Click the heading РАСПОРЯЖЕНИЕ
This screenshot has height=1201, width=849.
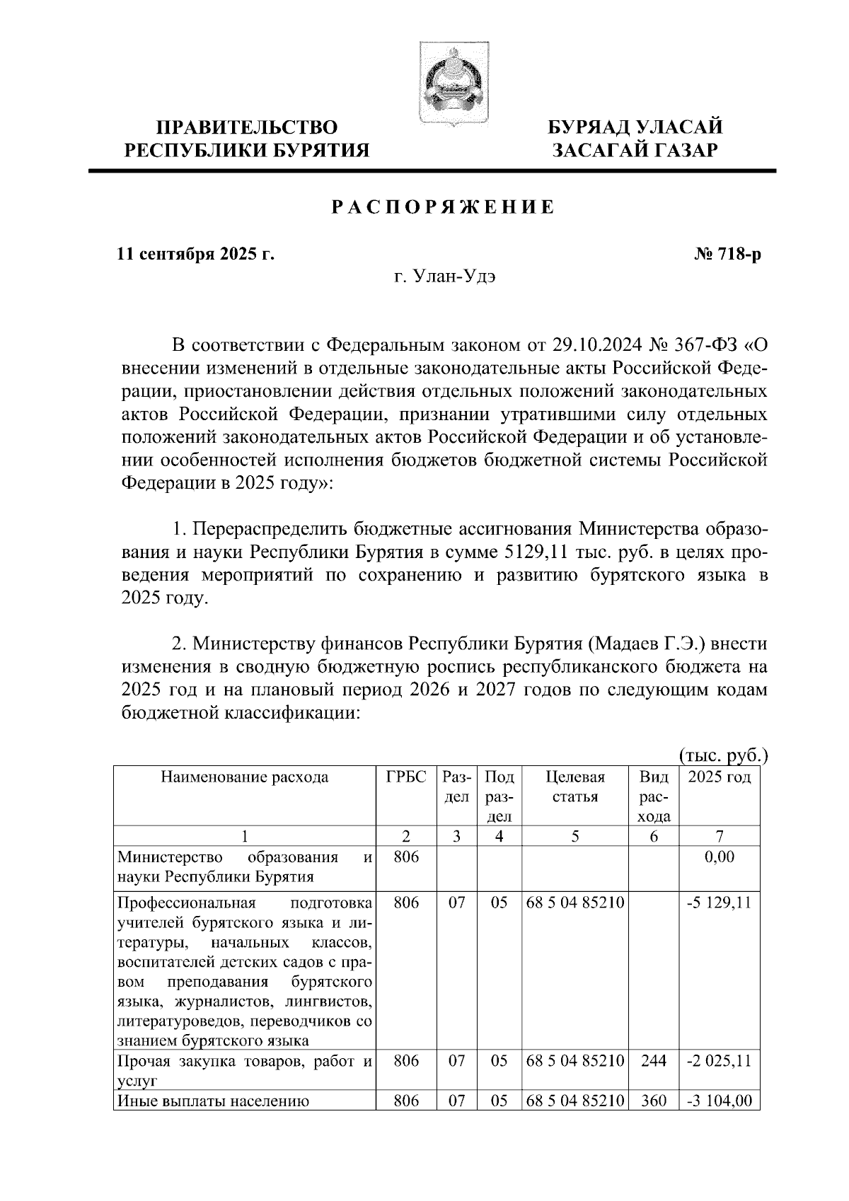pos(444,208)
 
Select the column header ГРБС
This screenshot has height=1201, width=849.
pos(406,777)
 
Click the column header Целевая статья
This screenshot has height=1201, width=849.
pos(574,787)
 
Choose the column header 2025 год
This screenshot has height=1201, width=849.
pos(720,777)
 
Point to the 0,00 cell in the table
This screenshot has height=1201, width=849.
pos(720,857)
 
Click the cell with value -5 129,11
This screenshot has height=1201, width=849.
pos(719,903)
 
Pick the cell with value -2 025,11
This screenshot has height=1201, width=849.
pos(719,1062)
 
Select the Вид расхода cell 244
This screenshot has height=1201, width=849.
pos(653,1062)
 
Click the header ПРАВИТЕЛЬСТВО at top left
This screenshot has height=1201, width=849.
pos(247,128)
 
